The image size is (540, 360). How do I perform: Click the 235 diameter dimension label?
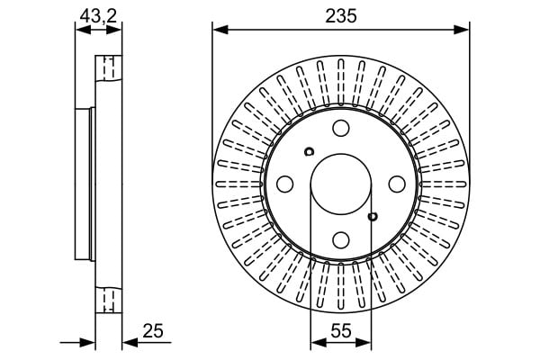tap(341, 16)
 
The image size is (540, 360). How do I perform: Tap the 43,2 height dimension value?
tap(98, 16)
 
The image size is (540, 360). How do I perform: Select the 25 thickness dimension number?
tap(153, 331)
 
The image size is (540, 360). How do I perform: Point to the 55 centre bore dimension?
tap(341, 331)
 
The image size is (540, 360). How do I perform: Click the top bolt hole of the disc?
tap(341, 128)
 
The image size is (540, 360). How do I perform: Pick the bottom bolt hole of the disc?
tap(341, 239)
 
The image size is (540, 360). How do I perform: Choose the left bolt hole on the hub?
tap(284, 184)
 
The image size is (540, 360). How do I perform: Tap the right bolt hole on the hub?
tap(397, 184)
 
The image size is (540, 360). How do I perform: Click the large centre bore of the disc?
tap(341, 184)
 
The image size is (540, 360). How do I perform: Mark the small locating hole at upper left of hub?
tap(309, 151)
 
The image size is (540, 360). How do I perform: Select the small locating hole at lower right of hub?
tap(373, 217)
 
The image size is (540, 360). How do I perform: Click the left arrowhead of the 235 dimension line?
tap(220, 30)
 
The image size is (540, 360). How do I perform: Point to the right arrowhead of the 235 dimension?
tap(462, 30)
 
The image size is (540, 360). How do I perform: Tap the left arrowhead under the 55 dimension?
tap(319, 342)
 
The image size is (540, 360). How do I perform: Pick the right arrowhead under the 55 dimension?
tap(364, 342)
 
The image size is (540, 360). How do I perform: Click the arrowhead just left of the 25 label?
tap(130, 343)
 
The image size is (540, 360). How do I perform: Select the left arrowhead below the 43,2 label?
tap(84, 31)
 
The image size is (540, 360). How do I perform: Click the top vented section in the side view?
tap(109, 68)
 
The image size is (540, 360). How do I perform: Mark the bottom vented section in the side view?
tap(109, 300)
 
